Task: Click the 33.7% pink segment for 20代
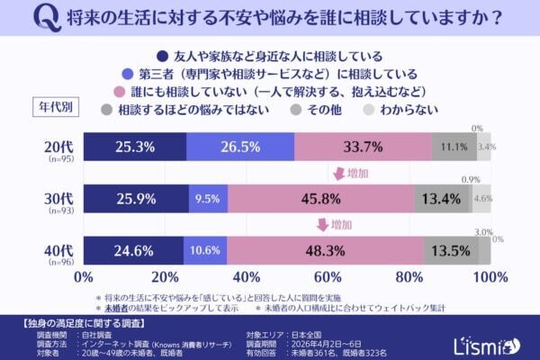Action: pyautogui.click(x=363, y=146)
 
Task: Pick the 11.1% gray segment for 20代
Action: pyautogui.click(x=454, y=146)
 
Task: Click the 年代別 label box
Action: pyautogui.click(x=59, y=106)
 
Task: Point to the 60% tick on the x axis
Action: pyautogui.click(x=328, y=275)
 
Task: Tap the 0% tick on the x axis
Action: pyautogui.click(x=84, y=275)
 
